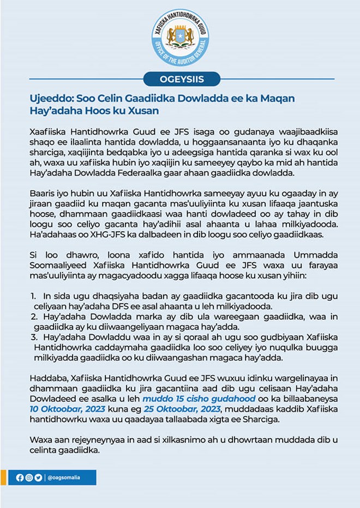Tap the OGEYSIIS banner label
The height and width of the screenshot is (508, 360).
182,79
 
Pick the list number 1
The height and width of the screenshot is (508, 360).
33,295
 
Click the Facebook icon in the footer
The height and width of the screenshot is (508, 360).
20,477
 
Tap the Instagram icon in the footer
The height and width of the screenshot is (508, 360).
29,477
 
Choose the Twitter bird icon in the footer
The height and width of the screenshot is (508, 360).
38,477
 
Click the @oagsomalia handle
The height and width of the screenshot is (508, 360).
64,477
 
